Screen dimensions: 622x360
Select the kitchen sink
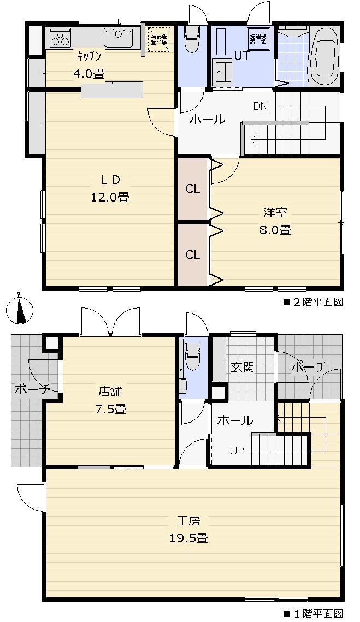click(117, 38)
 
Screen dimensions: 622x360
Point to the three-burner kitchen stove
click(60, 38)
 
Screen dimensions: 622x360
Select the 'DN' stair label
click(261, 106)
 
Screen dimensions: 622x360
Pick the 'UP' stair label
click(237, 451)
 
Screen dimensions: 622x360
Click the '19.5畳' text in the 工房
click(188, 538)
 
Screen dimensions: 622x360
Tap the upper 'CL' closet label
click(192, 189)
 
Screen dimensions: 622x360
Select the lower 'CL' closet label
click(192, 254)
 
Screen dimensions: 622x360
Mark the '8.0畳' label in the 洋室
click(275, 230)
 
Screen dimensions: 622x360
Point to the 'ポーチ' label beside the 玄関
click(308, 367)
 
